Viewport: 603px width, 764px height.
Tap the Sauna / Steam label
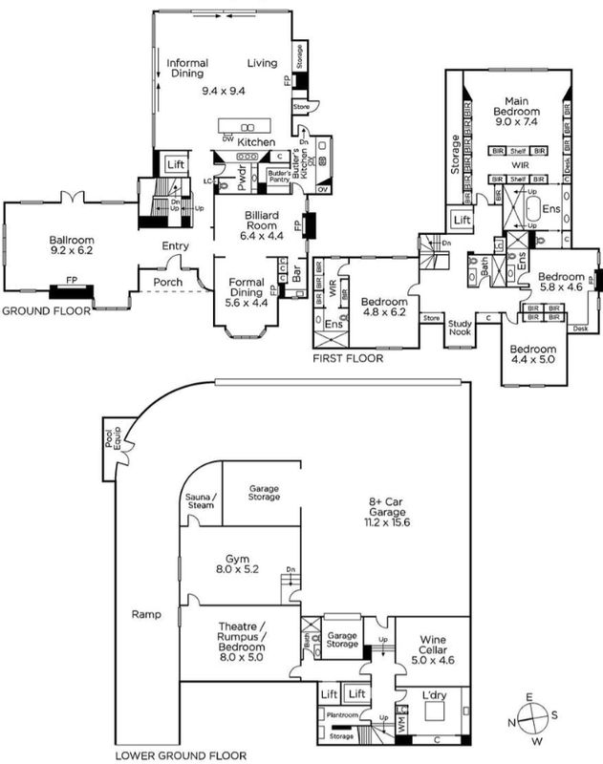[201, 503]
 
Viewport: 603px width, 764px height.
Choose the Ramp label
[147, 615]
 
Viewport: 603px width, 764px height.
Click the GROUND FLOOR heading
[45, 311]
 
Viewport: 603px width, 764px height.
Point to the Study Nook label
[465, 329]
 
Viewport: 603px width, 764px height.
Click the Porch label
[156, 281]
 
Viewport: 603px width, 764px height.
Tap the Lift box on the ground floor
[175, 164]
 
